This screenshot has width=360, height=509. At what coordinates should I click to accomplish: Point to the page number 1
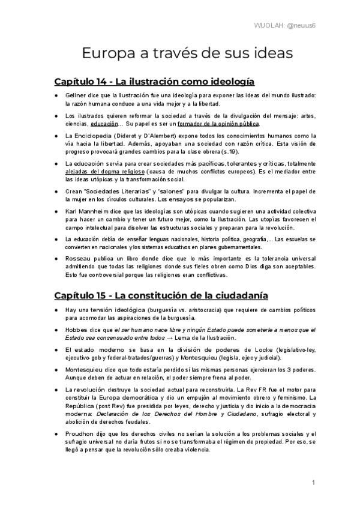pyautogui.click(x=313, y=483)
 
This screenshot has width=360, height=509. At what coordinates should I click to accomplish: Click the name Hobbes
pyautogui.click(x=77, y=330)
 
